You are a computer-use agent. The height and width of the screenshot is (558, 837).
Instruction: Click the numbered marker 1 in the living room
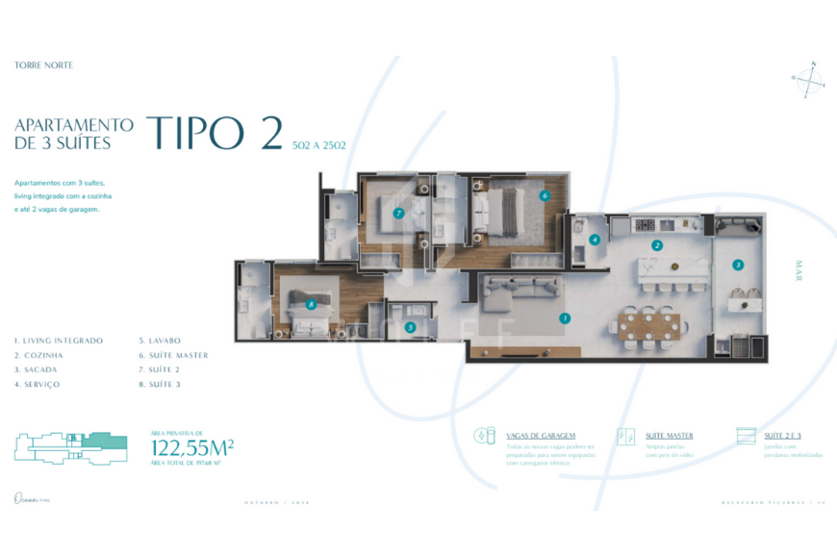(x=565, y=317)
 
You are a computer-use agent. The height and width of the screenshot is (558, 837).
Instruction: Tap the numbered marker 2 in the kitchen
(x=657, y=245)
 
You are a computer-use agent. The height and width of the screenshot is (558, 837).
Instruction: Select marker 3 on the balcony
(x=738, y=265)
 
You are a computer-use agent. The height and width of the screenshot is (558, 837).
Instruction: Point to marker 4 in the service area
(x=596, y=240)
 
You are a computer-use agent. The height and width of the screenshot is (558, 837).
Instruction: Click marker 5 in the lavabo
(x=410, y=327)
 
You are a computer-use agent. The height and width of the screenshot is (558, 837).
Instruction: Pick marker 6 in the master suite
(x=545, y=195)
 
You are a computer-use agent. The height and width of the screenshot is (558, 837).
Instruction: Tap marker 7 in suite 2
(x=398, y=213)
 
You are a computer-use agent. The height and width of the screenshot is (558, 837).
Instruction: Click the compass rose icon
(x=808, y=80)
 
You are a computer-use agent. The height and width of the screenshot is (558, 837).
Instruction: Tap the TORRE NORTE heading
(x=44, y=65)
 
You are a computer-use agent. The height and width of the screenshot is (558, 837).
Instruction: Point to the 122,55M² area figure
(x=193, y=447)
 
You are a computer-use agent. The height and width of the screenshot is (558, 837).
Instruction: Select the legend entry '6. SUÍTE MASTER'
(x=173, y=355)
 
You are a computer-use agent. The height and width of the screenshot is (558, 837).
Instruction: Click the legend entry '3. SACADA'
(x=36, y=369)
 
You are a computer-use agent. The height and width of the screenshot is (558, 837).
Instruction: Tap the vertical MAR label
(x=799, y=270)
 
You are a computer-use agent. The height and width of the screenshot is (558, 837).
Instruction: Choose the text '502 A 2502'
(x=318, y=145)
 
